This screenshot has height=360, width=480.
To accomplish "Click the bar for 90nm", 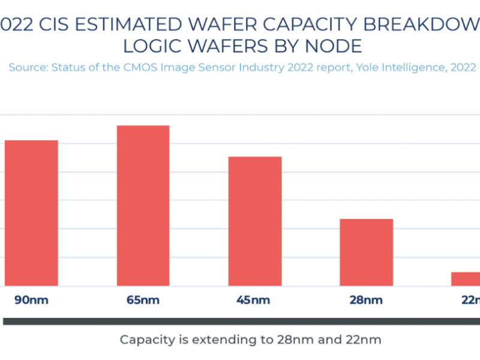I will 31,213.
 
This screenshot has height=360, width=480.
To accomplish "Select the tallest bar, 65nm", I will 143,206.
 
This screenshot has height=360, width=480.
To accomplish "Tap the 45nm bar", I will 255,221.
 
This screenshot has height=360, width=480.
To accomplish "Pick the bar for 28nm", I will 366,252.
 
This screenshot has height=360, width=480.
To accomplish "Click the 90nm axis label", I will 31,300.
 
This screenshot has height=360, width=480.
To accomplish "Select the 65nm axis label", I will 143,300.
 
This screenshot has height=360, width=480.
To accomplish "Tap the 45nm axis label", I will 255,300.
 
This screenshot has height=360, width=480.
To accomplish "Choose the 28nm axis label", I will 366,300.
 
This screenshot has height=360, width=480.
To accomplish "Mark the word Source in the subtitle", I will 28,67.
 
